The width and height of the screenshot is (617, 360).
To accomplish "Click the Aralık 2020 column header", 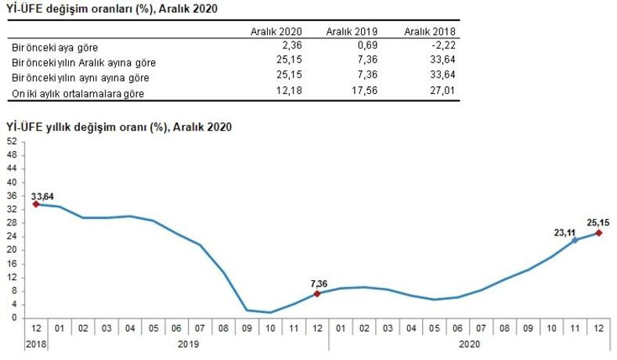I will point(275,31).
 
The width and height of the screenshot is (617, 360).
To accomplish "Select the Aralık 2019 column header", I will point(352,31).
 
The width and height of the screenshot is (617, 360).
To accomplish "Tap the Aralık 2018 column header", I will point(430,31).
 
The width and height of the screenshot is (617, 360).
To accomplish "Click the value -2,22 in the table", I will point(444,47).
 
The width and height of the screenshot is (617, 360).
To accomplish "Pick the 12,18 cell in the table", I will point(287,92).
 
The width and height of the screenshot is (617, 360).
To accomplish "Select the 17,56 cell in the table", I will point(364,92).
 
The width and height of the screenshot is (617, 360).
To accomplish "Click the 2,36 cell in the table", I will point(289,47).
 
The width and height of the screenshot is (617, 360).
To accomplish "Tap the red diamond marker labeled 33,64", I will point(36,204).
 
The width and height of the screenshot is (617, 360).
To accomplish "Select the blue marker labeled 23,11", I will point(576,240).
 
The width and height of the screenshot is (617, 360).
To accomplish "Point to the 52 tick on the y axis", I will point(12,142).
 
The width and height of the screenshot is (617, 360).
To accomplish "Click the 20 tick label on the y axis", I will point(12,250).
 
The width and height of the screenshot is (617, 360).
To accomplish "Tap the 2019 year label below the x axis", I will point(188,344).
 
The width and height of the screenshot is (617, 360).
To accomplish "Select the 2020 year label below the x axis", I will point(470,344).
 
